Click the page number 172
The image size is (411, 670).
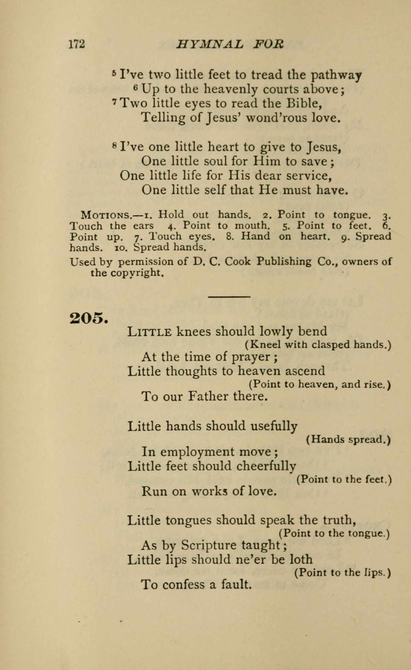(77, 44)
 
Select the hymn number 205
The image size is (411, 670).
(88, 318)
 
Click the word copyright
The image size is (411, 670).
(137, 273)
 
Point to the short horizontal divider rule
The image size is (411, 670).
(229, 296)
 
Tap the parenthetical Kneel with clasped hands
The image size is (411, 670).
(318, 345)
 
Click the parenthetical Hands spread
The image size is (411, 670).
(349, 440)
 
